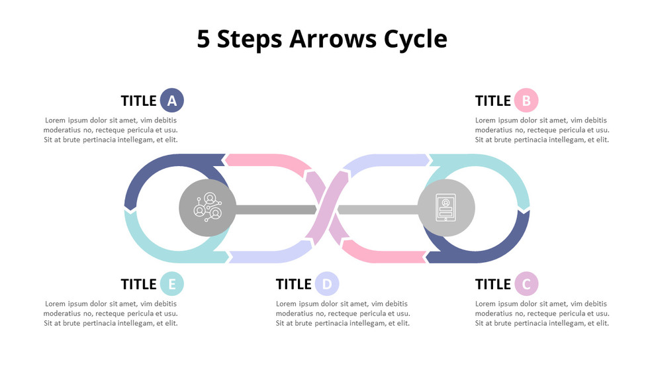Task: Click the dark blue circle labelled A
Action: pyautogui.click(x=171, y=101)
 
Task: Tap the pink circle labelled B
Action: pyautogui.click(x=526, y=101)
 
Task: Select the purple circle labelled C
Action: pyautogui.click(x=526, y=285)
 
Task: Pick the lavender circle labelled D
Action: pyautogui.click(x=327, y=285)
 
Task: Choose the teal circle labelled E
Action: pyautogui.click(x=171, y=285)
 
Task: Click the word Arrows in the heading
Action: pyautogui.click(x=334, y=39)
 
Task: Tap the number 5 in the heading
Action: pyautogui.click(x=204, y=39)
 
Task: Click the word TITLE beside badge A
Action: pyautogui.click(x=139, y=101)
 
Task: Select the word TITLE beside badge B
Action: pyautogui.click(x=493, y=101)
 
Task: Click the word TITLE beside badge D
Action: pyautogui.click(x=293, y=285)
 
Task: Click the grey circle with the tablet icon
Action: pyautogui.click(x=446, y=208)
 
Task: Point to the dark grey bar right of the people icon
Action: pyautogui.click(x=275, y=209)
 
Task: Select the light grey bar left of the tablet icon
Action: pyautogui.click(x=377, y=209)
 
